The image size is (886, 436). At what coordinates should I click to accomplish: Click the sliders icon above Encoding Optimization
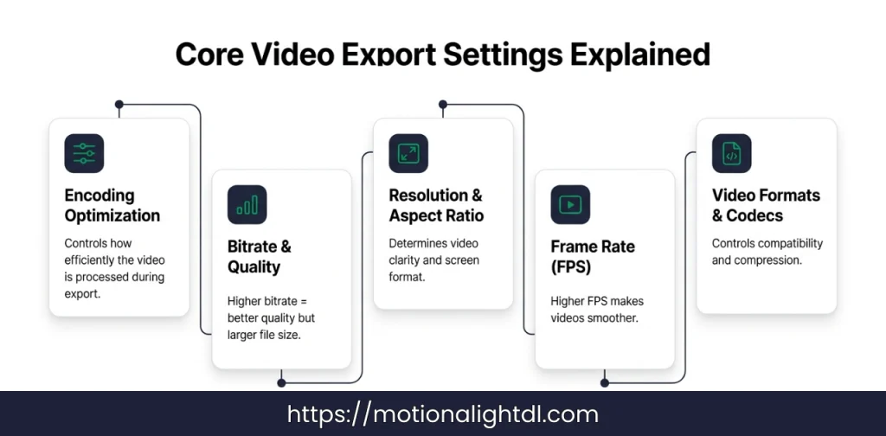click(x=84, y=153)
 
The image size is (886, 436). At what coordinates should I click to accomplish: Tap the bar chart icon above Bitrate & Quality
click(x=247, y=205)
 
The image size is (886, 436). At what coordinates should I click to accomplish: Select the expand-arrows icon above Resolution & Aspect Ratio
click(x=408, y=153)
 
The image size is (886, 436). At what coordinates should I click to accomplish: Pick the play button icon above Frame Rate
click(x=570, y=205)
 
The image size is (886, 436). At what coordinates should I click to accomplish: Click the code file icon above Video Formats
click(x=731, y=153)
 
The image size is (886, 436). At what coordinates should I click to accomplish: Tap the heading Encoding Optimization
click(x=112, y=205)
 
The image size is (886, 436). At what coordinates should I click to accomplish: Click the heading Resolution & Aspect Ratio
click(x=436, y=205)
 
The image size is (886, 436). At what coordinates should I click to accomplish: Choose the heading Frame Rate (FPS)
click(x=593, y=257)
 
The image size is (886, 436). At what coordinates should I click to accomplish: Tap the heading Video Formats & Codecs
click(x=766, y=205)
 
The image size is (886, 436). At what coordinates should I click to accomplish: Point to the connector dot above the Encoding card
click(x=119, y=105)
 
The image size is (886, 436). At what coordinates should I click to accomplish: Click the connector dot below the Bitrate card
click(x=281, y=381)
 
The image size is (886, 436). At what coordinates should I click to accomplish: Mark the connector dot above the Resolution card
click(x=443, y=105)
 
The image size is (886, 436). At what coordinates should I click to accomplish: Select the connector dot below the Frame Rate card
click(x=605, y=381)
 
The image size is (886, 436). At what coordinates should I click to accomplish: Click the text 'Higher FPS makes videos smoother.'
click(x=597, y=310)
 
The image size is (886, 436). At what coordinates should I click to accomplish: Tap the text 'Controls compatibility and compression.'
click(x=767, y=251)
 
